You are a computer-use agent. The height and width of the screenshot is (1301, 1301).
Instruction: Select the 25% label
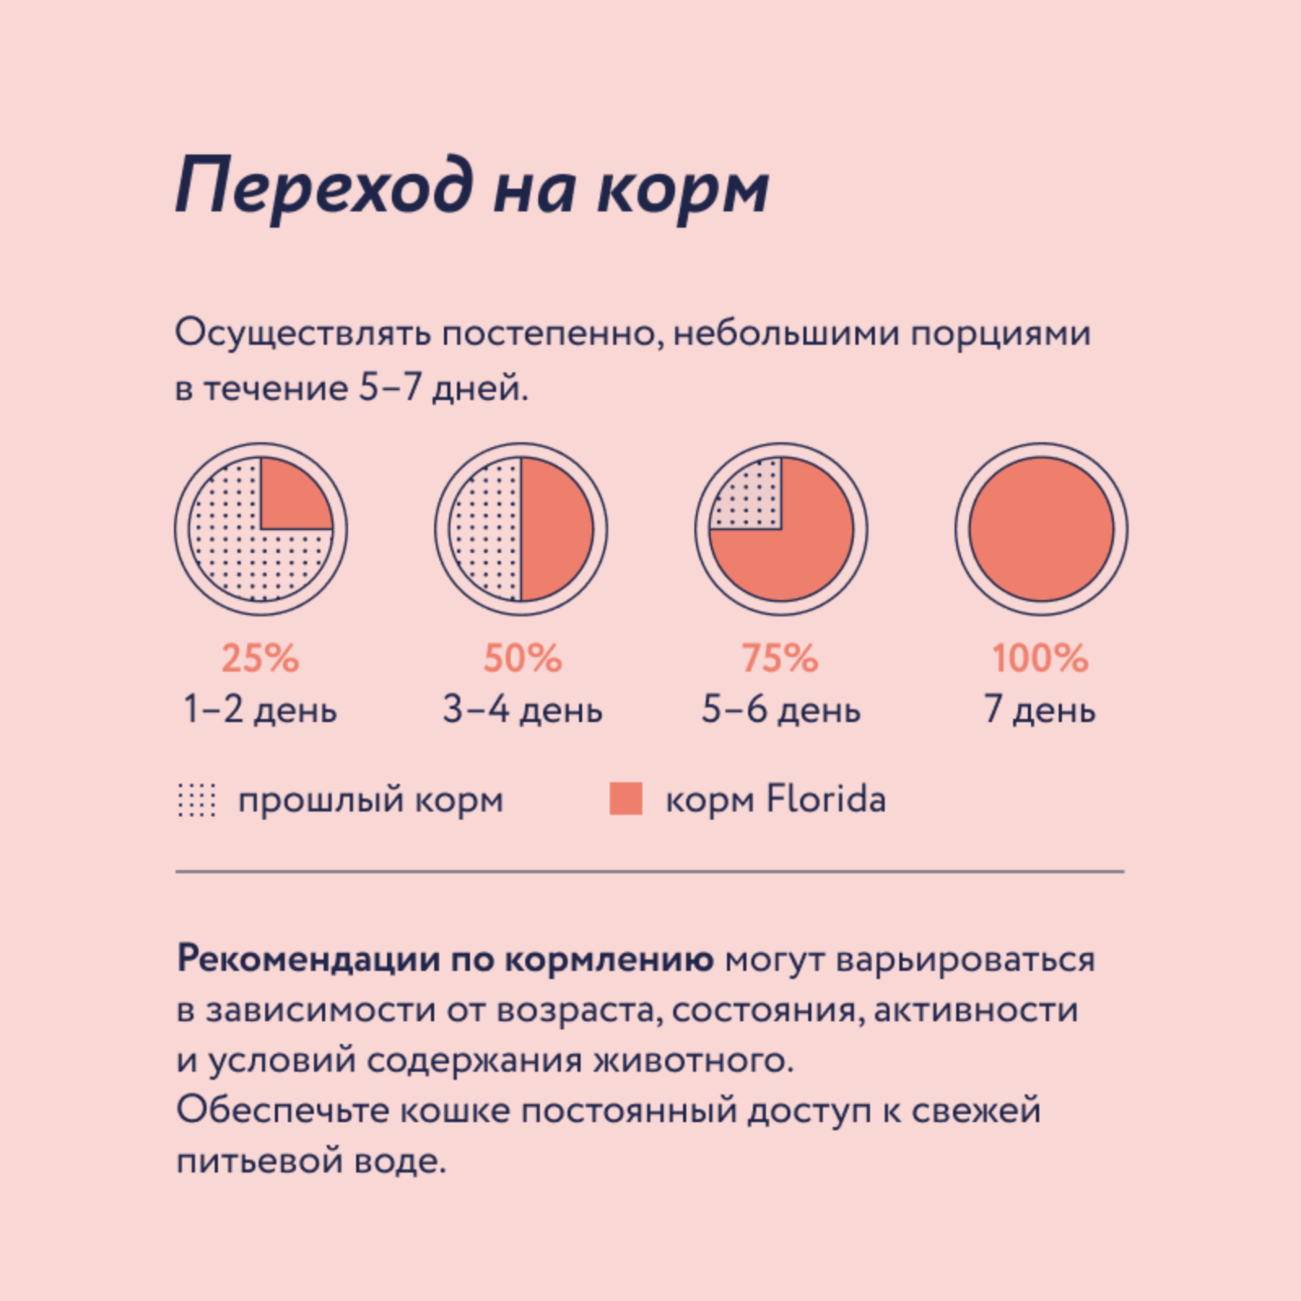[x=260, y=658]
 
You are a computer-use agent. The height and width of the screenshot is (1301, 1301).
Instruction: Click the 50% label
[x=522, y=658]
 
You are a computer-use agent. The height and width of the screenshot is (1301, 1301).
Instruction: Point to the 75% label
[x=780, y=658]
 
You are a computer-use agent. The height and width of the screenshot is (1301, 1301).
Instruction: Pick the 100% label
[x=1040, y=658]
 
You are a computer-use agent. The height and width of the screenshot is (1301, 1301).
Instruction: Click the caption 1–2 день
[x=260, y=709]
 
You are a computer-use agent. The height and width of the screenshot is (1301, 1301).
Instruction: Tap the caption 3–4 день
[x=522, y=709]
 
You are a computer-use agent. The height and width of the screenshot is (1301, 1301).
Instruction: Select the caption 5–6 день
[x=781, y=709]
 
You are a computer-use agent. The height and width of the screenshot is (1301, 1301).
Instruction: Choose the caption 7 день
[x=1040, y=709]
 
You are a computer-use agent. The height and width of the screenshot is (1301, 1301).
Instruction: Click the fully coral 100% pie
[x=1041, y=529]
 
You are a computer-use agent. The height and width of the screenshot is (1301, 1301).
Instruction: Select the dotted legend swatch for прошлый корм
[x=197, y=799]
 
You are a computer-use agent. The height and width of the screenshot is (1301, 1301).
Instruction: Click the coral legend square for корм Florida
[x=626, y=798]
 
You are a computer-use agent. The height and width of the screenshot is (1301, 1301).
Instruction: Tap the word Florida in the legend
[x=825, y=798]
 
